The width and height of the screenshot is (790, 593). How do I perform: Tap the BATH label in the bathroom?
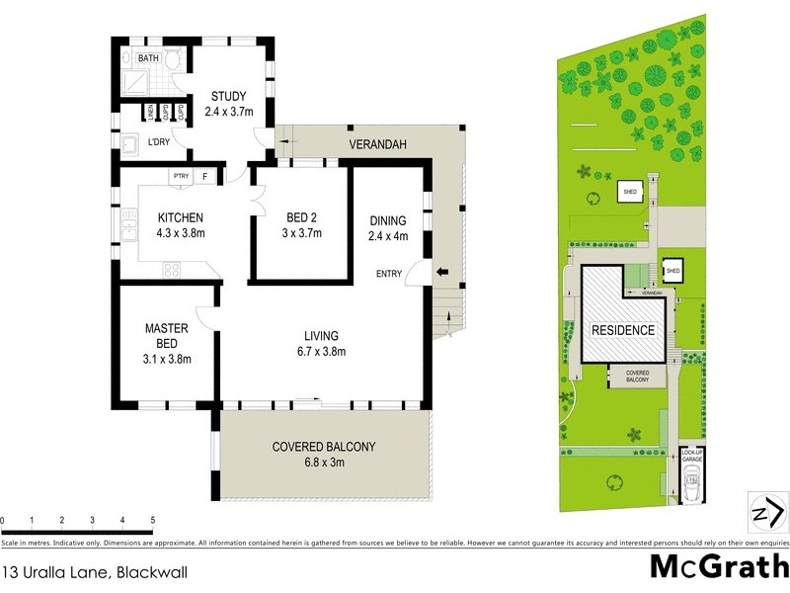148,59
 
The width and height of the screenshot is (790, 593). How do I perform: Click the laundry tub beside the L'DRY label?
129,146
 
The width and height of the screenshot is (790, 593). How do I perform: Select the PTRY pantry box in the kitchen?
181,177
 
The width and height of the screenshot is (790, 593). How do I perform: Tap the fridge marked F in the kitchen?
204,177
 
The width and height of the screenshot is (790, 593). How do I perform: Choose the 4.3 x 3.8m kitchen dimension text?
179,233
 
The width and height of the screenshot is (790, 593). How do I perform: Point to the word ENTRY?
388,274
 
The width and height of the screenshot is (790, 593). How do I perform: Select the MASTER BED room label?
160,336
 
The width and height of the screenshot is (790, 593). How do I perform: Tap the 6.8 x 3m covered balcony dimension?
324,462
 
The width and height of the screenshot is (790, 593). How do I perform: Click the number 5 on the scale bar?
152,520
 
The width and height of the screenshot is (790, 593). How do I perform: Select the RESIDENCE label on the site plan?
623,330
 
